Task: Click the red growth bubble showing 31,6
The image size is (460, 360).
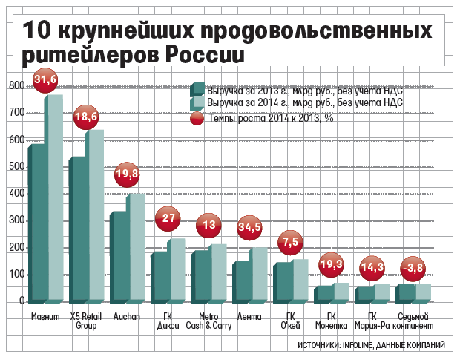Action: pyautogui.click(x=45, y=80)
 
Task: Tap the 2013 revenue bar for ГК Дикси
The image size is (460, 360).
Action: pyautogui.click(x=158, y=277)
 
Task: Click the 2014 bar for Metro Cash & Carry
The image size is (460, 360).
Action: pyautogui.click(x=219, y=272)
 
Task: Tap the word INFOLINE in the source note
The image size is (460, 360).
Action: pyautogui.click(x=360, y=346)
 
